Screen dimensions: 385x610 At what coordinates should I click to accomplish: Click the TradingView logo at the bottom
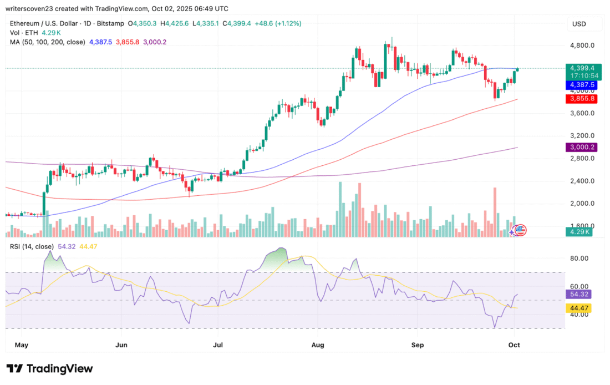(x=50, y=369)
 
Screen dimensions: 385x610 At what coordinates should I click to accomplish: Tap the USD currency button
(x=579, y=24)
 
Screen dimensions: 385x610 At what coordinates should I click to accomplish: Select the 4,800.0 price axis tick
(x=579, y=45)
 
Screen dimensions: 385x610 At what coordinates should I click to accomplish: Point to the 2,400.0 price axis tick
(x=579, y=181)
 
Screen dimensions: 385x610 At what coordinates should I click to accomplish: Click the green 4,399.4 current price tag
(x=578, y=68)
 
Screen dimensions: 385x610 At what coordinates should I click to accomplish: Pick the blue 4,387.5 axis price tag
(x=578, y=85)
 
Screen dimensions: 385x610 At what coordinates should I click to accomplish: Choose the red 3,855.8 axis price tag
(x=578, y=98)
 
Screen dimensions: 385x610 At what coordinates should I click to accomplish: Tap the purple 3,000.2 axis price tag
(x=578, y=147)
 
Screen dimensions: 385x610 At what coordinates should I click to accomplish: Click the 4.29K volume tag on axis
(x=577, y=232)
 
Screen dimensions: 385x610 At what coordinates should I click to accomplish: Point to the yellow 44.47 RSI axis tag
(x=577, y=307)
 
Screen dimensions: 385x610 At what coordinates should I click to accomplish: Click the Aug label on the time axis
(x=318, y=345)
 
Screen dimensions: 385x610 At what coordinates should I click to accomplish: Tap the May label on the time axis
(x=21, y=345)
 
